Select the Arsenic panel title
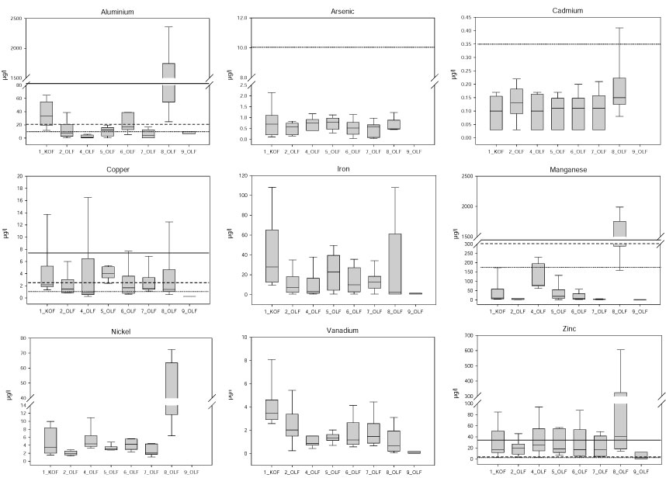(x=345, y=12)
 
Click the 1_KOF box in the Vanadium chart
(x=272, y=410)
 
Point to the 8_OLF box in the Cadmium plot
(x=619, y=91)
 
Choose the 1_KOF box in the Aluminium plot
(x=46, y=113)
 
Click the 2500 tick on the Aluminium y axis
(x=16, y=19)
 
